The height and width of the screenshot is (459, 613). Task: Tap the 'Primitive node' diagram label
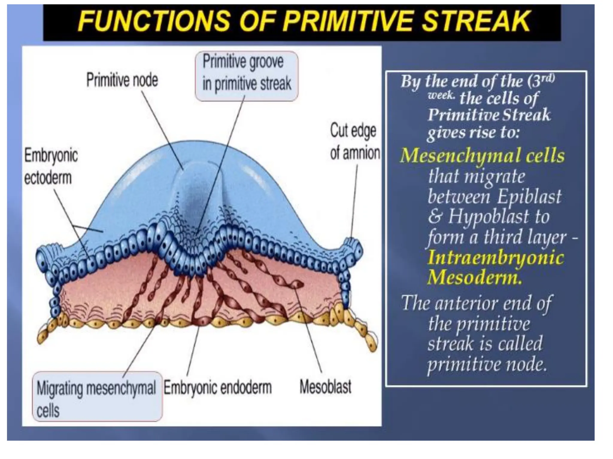(122, 80)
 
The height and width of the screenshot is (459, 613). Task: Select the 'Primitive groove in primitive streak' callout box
(247, 76)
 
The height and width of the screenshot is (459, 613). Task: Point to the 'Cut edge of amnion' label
(354, 142)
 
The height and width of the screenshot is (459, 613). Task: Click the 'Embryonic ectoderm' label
(51, 166)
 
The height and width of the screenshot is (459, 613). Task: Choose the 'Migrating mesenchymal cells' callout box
(97, 396)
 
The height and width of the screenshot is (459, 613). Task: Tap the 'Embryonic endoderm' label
(218, 388)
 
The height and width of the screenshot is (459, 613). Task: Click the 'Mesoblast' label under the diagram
(325, 387)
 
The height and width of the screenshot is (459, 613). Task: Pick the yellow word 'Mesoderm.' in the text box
(474, 277)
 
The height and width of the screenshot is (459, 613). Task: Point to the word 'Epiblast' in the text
(529, 196)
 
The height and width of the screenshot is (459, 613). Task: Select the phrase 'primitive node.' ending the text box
(487, 364)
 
